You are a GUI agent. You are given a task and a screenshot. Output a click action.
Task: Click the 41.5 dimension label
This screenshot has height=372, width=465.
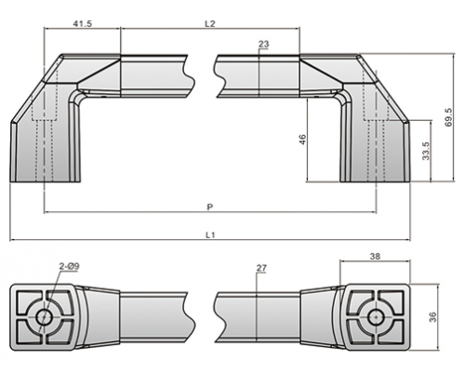[82, 23]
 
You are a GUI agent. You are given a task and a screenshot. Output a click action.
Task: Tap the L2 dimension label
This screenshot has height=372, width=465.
[210, 23]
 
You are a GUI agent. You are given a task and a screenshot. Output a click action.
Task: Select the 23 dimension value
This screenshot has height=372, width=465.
[263, 44]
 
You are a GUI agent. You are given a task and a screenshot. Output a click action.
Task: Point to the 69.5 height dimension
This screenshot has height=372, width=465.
[448, 117]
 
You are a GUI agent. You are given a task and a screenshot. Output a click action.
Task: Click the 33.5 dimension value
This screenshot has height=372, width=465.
[426, 151]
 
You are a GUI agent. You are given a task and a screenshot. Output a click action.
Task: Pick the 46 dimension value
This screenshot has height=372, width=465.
[302, 139]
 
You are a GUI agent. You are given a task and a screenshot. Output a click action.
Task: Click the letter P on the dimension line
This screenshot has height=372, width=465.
[210, 206]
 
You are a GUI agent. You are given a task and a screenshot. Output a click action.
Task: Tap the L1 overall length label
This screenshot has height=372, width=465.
[210, 235]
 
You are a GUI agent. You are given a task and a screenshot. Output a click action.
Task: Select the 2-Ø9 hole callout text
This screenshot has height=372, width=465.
[70, 266]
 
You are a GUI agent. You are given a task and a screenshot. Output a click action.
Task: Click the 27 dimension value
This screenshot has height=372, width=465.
[261, 268]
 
